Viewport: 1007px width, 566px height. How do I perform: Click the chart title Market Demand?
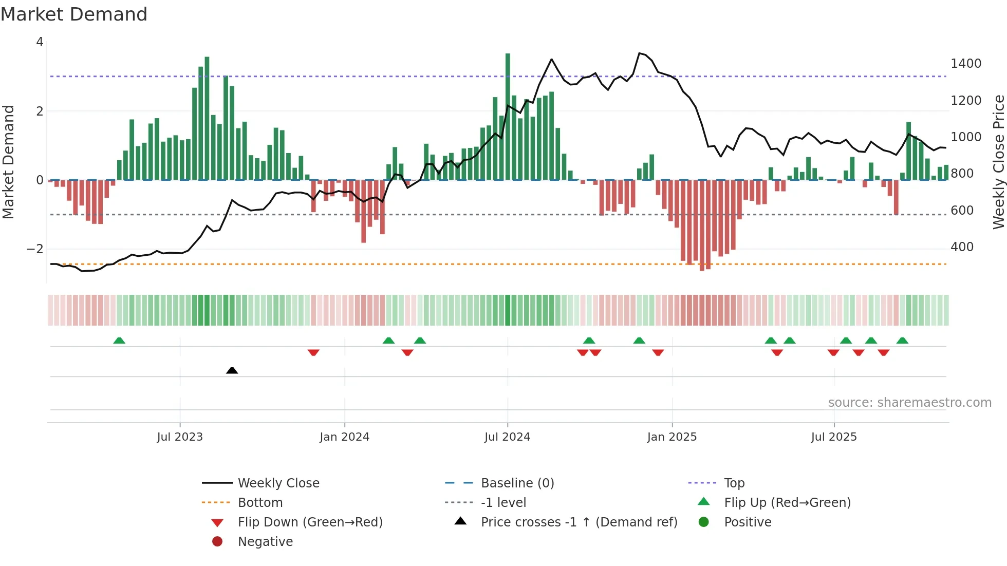[74, 14]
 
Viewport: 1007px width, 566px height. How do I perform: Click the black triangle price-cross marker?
[232, 370]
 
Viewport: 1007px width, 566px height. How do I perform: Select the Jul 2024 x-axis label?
[507, 437]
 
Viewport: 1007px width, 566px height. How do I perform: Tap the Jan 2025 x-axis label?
[672, 437]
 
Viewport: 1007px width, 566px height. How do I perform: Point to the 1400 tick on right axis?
[966, 64]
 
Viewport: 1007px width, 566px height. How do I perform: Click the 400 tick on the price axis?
[962, 247]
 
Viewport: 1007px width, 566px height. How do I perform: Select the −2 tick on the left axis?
[35, 249]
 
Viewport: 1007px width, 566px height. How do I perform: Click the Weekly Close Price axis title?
[998, 162]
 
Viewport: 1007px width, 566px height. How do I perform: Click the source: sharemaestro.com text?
[909, 403]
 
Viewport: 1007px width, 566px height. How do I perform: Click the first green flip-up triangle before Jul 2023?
[119, 341]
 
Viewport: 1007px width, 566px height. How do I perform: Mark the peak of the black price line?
[639, 53]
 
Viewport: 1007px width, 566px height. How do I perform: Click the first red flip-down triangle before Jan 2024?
[313, 352]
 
